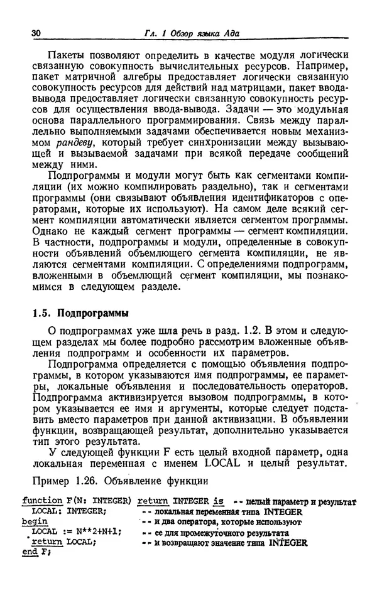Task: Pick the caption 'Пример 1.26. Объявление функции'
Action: coord(119,483)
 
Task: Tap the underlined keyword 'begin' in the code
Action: coord(35,521)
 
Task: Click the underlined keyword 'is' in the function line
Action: coord(218,501)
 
